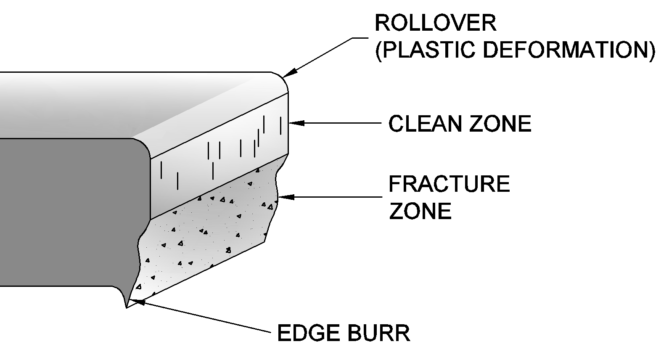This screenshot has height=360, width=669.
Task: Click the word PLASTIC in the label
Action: click(x=425, y=50)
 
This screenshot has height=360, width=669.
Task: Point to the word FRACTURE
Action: click(x=449, y=184)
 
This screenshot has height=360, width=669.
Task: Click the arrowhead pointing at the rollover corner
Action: click(x=289, y=72)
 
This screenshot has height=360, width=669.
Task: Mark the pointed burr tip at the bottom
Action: click(x=126, y=307)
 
